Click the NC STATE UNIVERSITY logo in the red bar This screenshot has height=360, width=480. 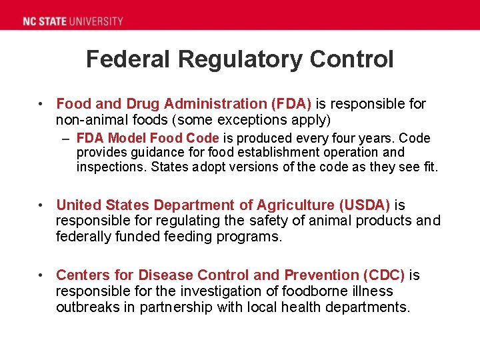[73, 21]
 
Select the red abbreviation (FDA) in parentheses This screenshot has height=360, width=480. [291, 104]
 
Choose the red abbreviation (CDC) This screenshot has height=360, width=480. [383, 275]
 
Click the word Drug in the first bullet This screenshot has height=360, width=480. [141, 104]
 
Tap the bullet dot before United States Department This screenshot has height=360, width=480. [41, 205]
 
